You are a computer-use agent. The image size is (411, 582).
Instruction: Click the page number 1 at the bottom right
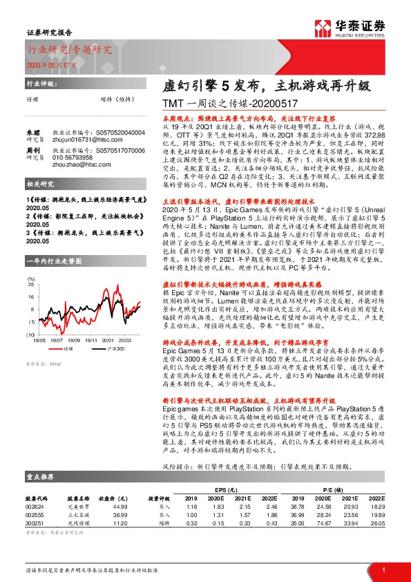[x=383, y=570]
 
